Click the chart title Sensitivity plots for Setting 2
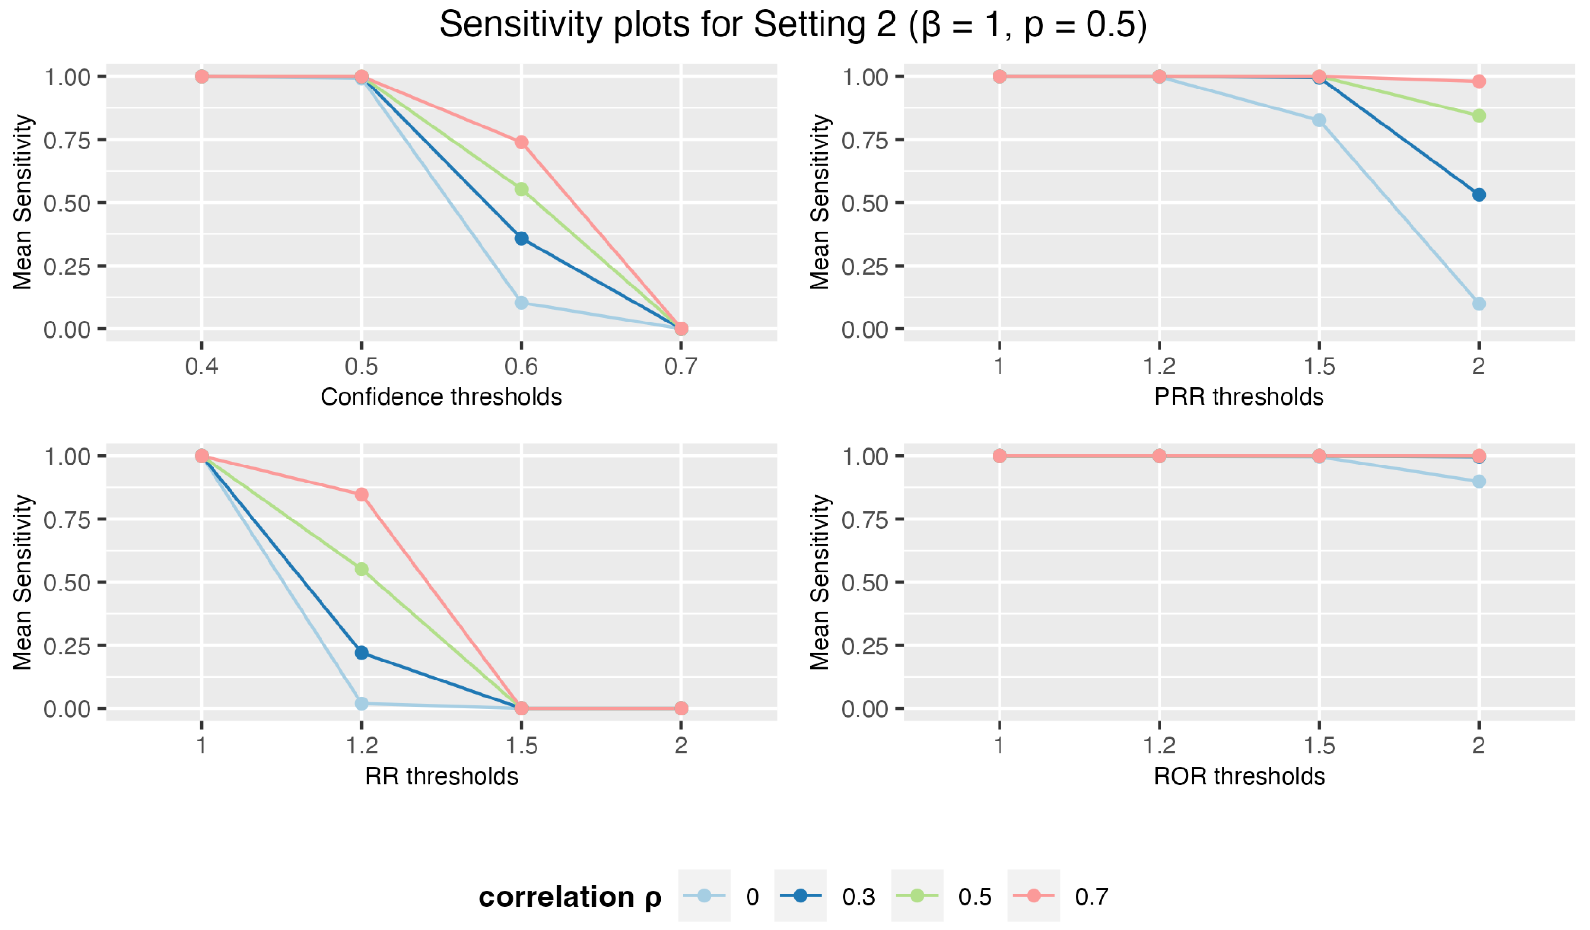click(x=792, y=25)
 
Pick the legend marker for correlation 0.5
click(x=917, y=896)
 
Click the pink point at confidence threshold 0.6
click(x=521, y=143)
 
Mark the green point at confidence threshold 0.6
click(x=521, y=189)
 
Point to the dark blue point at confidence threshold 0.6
click(x=521, y=238)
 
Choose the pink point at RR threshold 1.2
click(x=361, y=495)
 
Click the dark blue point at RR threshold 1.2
click(x=361, y=652)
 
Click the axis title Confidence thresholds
click(x=441, y=397)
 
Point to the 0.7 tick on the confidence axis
click(x=681, y=366)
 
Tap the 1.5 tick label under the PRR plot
click(x=1319, y=366)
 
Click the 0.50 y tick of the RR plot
click(x=67, y=582)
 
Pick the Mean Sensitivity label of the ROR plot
click(x=820, y=582)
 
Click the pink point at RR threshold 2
click(x=681, y=709)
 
